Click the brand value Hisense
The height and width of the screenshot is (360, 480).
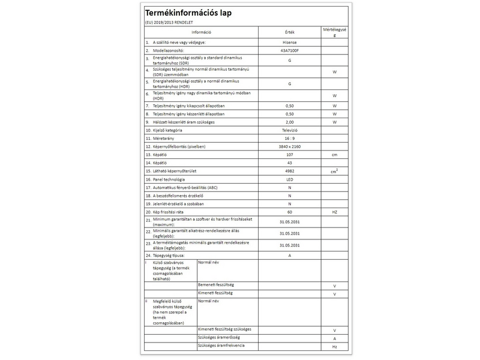(x=289, y=43)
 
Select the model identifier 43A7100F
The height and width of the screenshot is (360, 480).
(x=289, y=51)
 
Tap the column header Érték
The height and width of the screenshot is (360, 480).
(x=289, y=31)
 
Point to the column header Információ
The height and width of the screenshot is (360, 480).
(x=201, y=31)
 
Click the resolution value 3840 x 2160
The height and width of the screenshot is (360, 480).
(x=289, y=146)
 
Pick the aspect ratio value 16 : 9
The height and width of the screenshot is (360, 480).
(x=289, y=138)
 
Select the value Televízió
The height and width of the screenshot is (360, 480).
(x=289, y=130)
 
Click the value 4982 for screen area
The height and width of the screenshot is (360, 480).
(x=289, y=171)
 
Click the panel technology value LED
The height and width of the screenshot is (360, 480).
(x=289, y=179)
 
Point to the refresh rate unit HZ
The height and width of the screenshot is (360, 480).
(x=335, y=212)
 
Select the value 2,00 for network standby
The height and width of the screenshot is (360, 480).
(x=289, y=122)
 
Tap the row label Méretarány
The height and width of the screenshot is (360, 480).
(x=167, y=138)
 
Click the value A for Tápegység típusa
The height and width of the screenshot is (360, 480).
(x=289, y=256)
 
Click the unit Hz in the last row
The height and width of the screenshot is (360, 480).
(x=335, y=347)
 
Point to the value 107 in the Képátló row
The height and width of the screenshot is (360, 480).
(x=289, y=155)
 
